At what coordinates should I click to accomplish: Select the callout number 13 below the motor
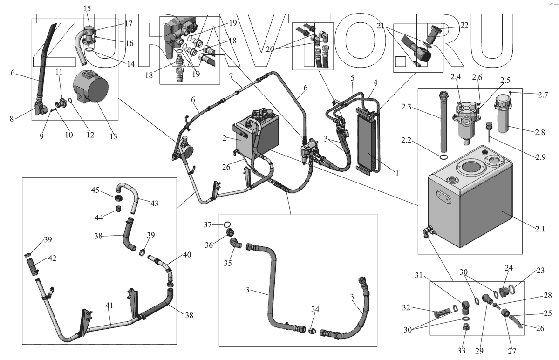pyautogui.click(x=113, y=136)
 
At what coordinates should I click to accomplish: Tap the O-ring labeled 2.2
pyautogui.click(x=444, y=158)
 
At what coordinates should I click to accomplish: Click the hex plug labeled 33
pyautogui.click(x=464, y=328)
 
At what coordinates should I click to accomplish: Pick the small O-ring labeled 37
pyautogui.click(x=228, y=224)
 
